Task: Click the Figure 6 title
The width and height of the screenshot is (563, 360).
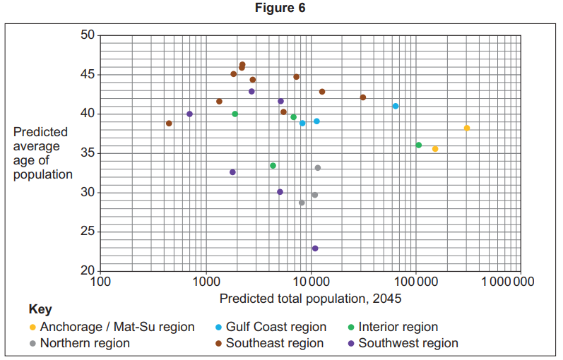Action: pos(281,8)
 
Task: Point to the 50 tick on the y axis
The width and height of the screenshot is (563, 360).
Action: pos(88,35)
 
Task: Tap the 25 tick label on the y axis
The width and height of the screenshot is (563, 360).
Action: pos(88,232)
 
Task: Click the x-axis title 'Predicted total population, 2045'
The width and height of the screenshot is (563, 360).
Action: pos(310,299)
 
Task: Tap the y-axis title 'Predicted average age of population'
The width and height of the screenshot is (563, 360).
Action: pos(42,153)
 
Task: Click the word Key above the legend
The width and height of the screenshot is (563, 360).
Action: pos(40,310)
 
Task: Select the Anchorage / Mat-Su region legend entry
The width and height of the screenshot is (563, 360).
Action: pos(117,327)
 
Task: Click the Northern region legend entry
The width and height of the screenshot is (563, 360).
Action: pos(85,343)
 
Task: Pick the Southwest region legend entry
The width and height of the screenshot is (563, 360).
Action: pos(408,343)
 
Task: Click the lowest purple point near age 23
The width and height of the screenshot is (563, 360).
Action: pos(315,248)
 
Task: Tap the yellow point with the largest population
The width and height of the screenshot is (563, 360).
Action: pos(467,128)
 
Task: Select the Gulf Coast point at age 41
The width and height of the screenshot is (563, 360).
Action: pos(396,106)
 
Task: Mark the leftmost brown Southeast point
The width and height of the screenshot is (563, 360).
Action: pos(169,123)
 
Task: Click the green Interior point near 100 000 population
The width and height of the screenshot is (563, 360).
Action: pos(418,145)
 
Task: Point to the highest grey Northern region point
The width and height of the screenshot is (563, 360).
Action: pos(318,167)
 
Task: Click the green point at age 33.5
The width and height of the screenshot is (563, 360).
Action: pos(273,165)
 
